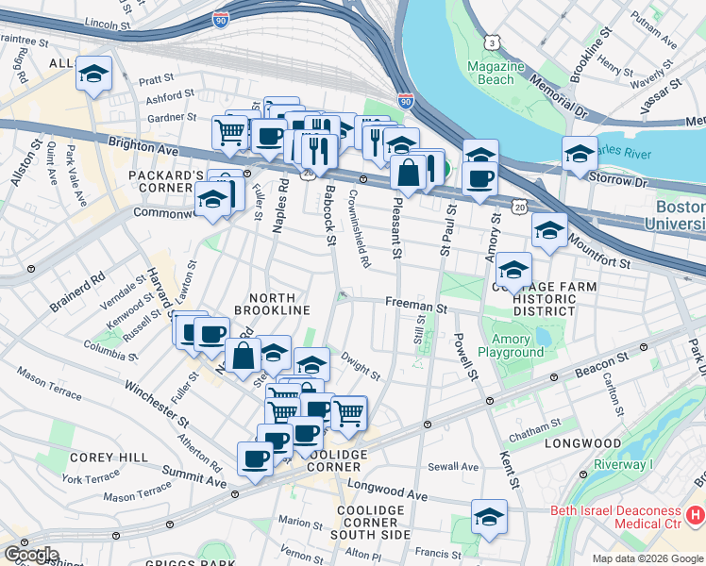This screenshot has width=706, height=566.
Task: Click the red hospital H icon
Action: click(x=697, y=516)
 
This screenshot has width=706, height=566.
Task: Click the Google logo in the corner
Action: click(x=31, y=554)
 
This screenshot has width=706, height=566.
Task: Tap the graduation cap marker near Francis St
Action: click(x=490, y=516)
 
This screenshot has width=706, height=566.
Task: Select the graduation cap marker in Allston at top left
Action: click(x=93, y=74)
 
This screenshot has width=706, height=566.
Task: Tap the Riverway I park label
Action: click(x=623, y=465)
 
